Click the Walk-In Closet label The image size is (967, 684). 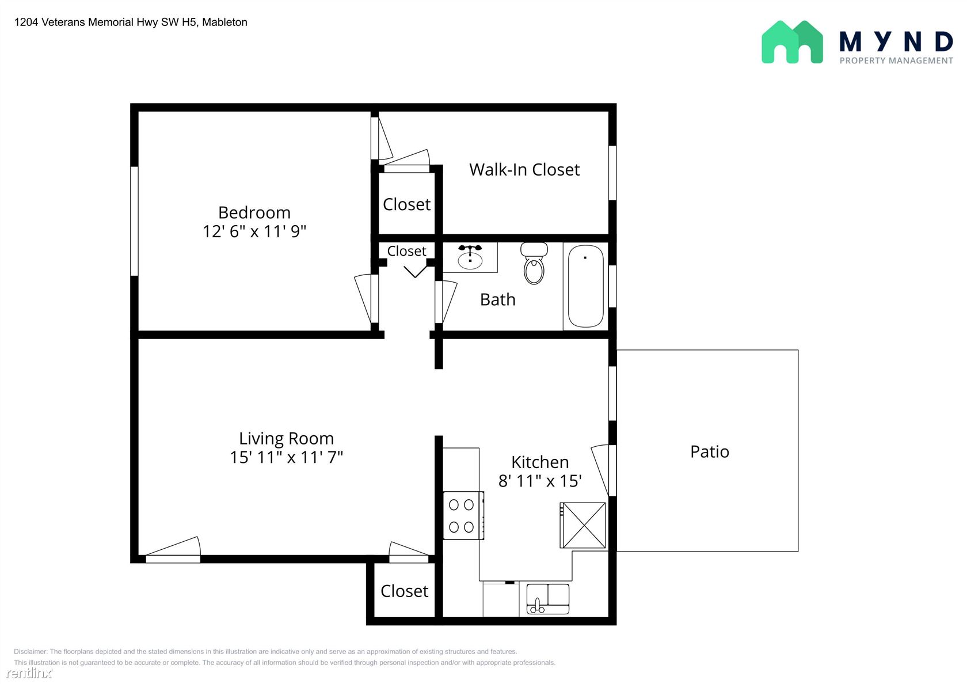[x=524, y=170]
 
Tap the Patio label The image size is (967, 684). [x=710, y=451]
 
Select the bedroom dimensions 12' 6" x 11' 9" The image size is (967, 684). [x=254, y=231]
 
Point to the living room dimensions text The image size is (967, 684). [x=286, y=457]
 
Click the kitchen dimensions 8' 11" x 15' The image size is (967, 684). [x=540, y=481]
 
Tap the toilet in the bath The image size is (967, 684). [x=534, y=263]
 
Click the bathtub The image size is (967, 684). [x=585, y=286]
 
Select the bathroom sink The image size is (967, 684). [x=470, y=257]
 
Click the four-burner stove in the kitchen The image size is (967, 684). [x=463, y=516]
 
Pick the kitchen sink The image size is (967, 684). [x=548, y=599]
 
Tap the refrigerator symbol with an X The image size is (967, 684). [x=583, y=526]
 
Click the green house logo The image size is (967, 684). [x=792, y=42]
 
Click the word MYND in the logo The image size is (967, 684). [x=896, y=42]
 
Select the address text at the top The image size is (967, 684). [x=131, y=22]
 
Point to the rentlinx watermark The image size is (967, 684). [x=29, y=672]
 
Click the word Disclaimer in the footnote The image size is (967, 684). [x=30, y=652]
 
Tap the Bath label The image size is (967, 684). [x=498, y=299]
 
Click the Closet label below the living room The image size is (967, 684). [x=405, y=591]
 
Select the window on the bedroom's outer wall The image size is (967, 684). [x=134, y=221]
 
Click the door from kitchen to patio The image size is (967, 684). [x=604, y=470]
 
